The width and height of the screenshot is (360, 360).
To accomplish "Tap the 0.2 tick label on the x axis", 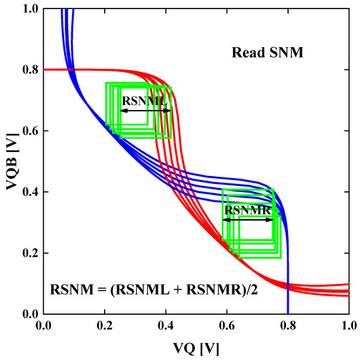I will [x=105, y=325].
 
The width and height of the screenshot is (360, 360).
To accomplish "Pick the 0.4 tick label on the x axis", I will [x=166, y=325].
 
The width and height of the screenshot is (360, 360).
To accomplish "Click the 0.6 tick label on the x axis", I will [x=226, y=325].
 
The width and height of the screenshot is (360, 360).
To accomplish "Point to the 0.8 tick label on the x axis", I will [x=288, y=325].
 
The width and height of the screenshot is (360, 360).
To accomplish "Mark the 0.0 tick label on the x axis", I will [x=44, y=325].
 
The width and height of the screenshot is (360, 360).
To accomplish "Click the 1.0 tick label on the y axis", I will [x=29, y=9].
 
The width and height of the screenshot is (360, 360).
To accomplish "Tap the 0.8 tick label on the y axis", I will [x=29, y=69].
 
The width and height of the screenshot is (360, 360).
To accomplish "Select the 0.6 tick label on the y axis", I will [x=29, y=131].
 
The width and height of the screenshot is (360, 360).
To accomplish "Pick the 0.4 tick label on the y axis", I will [x=29, y=192].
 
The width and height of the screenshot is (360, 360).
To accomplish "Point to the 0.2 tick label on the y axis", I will [x=29, y=253].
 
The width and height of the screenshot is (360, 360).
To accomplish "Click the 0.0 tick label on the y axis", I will [x=29, y=314].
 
